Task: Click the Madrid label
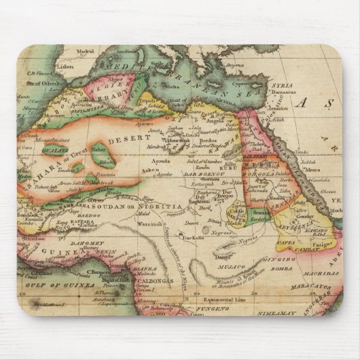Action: point(85,52)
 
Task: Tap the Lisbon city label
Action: point(65,67)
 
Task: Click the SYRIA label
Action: point(283,86)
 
